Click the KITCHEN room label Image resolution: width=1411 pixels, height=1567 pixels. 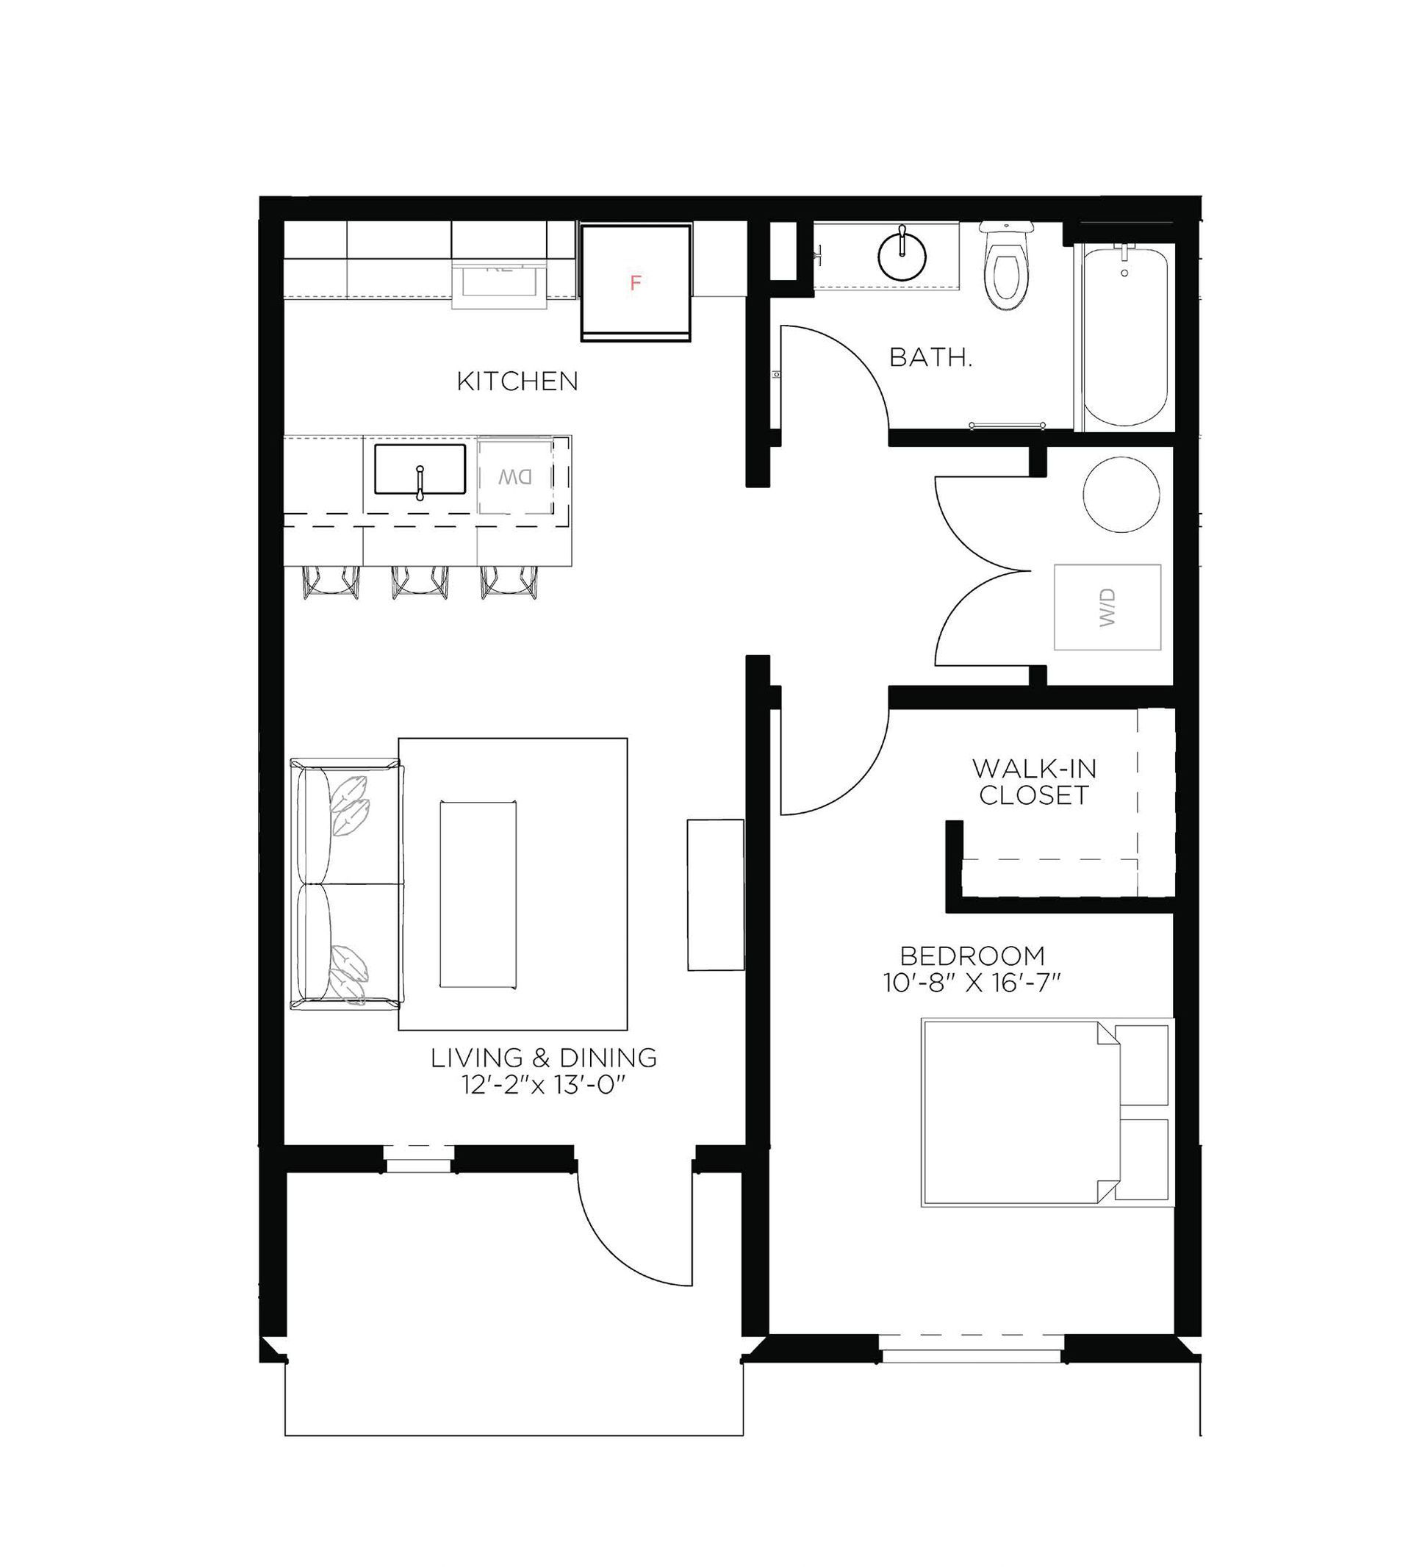click(517, 381)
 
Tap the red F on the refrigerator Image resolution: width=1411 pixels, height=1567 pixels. click(636, 283)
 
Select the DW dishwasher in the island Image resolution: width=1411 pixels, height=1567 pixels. click(514, 477)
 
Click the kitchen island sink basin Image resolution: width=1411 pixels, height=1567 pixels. click(420, 469)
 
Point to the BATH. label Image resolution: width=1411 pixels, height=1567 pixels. click(930, 357)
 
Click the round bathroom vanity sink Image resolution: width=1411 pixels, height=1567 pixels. click(902, 254)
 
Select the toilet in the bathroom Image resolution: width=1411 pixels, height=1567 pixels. click(1006, 268)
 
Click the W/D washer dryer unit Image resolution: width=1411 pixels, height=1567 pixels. click(1107, 607)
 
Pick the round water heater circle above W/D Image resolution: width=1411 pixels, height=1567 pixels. click(1121, 495)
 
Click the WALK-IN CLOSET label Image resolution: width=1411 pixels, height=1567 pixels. click(1034, 782)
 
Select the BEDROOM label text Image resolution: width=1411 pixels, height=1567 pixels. click(972, 956)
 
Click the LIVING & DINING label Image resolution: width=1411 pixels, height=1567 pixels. click(544, 1058)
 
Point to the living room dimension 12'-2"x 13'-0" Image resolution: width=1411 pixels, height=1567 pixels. click(544, 1086)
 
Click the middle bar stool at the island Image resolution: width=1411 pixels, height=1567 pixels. click(420, 582)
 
